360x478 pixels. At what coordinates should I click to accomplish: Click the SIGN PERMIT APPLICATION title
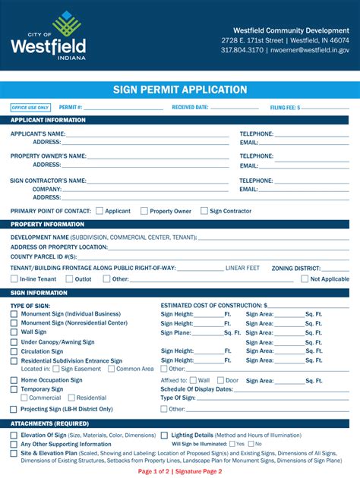pyautogui.click(x=179, y=90)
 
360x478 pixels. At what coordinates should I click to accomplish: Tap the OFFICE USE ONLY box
pyautogui.click(x=31, y=108)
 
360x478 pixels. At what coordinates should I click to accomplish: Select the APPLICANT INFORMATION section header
pyautogui.click(x=48, y=120)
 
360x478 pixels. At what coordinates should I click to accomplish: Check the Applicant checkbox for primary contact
pyautogui.click(x=99, y=211)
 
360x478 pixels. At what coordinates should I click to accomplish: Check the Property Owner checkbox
pyautogui.click(x=144, y=211)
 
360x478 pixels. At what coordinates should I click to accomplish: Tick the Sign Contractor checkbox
pyautogui.click(x=204, y=211)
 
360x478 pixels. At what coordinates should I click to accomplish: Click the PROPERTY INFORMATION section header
pyautogui.click(x=47, y=225)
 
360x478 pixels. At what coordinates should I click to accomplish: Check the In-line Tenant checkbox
pyautogui.click(x=14, y=279)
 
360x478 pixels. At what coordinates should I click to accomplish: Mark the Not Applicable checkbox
pyautogui.click(x=305, y=279)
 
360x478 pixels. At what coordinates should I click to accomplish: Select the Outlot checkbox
pyautogui.click(x=69, y=279)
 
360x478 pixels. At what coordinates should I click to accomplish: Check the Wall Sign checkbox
pyautogui.click(x=14, y=332)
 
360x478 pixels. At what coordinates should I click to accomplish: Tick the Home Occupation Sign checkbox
pyautogui.click(x=14, y=380)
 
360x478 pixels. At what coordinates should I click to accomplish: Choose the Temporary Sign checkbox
pyautogui.click(x=14, y=389)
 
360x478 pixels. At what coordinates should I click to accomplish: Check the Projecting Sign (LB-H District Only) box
pyautogui.click(x=14, y=409)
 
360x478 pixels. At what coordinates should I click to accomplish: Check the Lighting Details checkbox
pyautogui.click(x=165, y=436)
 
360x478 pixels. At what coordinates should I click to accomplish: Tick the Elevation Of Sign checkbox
pyautogui.click(x=14, y=436)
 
